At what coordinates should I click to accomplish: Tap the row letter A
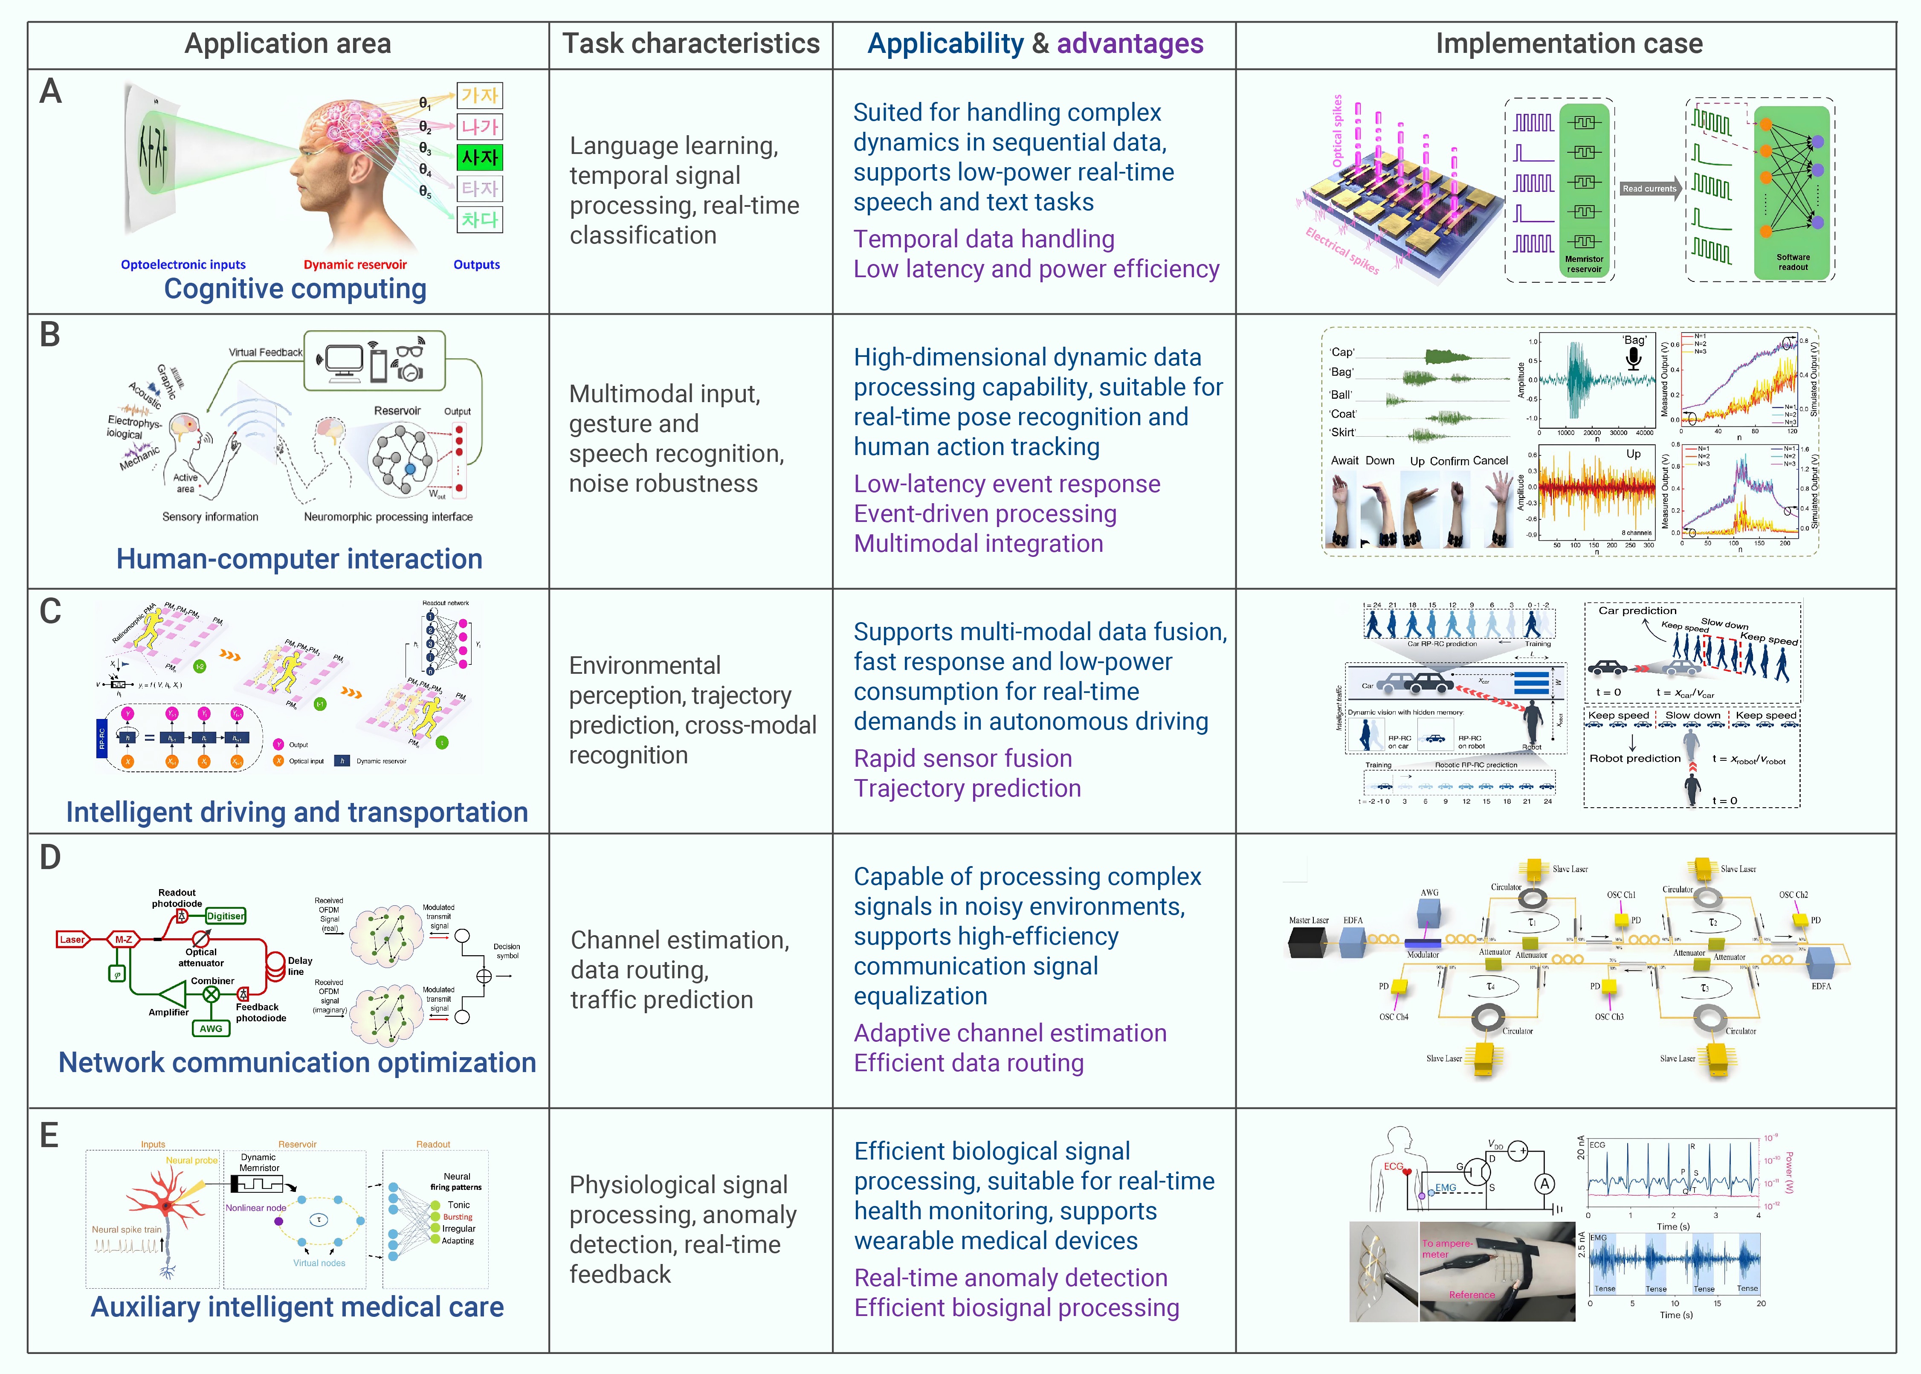pos(51,91)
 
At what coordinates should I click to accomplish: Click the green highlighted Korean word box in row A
pos(480,157)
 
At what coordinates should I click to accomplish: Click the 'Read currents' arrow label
pos(1649,188)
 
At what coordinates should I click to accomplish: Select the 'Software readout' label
pos(1792,262)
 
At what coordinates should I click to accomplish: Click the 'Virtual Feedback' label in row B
pos(265,352)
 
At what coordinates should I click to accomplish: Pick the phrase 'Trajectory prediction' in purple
pos(967,788)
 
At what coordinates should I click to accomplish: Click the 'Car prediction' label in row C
pos(1637,610)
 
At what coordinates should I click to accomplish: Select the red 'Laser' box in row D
pos(72,939)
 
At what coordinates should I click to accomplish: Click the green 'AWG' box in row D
pos(211,1029)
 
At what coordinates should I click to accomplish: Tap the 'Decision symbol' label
pos(507,951)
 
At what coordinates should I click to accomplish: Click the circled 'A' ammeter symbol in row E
pos(1544,1184)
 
